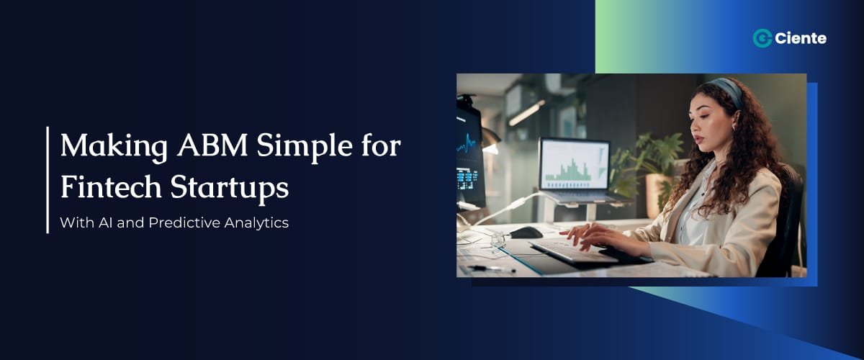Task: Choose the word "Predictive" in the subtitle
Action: [x=185, y=222]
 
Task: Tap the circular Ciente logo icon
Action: [x=762, y=39]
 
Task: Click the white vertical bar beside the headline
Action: [x=48, y=179]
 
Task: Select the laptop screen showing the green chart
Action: [x=574, y=164]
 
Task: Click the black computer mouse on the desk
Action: [x=526, y=232]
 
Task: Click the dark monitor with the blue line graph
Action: [x=469, y=155]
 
